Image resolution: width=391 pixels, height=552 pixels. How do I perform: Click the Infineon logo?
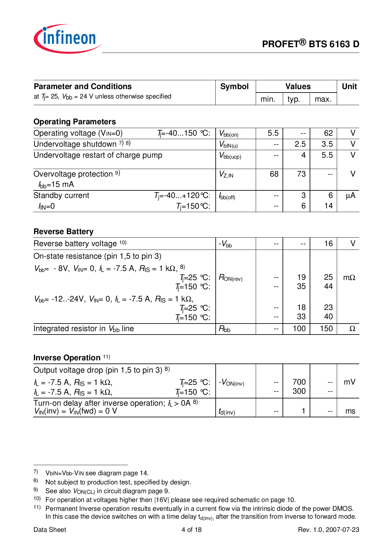[x=67, y=38]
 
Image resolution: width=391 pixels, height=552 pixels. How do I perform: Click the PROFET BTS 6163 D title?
[x=310, y=44]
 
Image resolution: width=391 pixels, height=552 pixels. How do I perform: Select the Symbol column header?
[x=234, y=87]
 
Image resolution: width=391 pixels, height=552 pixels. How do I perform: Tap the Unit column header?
[x=349, y=87]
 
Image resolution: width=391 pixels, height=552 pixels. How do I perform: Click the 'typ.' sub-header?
[x=294, y=99]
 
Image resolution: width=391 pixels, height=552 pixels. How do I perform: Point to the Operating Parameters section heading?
[x=75, y=122]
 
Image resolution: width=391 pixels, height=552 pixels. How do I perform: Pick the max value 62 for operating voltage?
[x=328, y=133]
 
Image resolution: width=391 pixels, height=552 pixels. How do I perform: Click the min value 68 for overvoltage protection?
[x=274, y=174]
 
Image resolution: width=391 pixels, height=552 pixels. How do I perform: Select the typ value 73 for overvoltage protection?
[x=301, y=174]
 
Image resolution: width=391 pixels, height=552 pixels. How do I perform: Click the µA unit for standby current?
[x=350, y=196]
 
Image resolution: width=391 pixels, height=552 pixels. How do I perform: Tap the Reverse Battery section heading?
[x=63, y=232]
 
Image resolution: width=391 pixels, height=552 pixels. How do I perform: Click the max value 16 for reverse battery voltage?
[x=328, y=244]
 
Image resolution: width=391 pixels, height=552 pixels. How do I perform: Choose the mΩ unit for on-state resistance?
[x=349, y=278]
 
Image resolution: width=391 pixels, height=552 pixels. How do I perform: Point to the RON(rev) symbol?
[x=231, y=278]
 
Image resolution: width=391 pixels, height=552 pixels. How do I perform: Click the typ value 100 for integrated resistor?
[x=299, y=329]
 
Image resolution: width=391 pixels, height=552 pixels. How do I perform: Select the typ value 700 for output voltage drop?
[x=299, y=382]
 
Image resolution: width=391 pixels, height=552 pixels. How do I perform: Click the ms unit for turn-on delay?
[x=350, y=411]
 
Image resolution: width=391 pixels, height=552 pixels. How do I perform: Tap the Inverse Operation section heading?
[x=67, y=358]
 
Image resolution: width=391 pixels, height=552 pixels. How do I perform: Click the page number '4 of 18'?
[x=191, y=530]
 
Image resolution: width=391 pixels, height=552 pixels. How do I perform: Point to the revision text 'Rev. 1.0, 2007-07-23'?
[x=329, y=530]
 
